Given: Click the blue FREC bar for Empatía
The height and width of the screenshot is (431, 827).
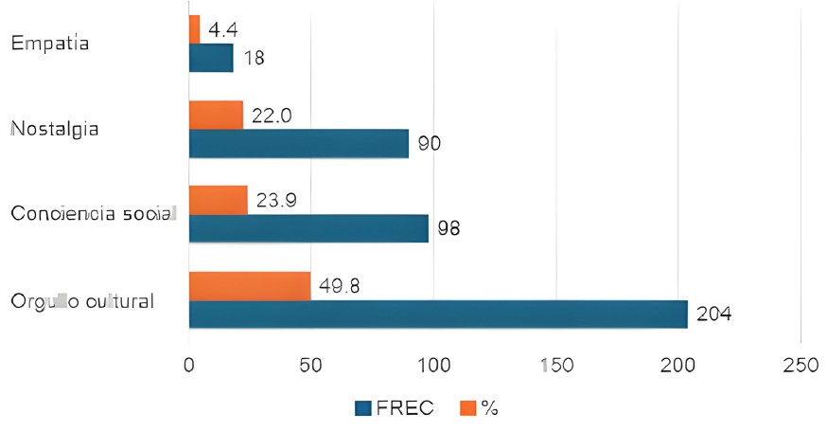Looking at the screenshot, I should click(x=211, y=58).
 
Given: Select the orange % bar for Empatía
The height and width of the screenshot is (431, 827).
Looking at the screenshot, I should click(x=194, y=29).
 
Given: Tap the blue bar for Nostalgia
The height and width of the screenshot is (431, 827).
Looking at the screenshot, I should click(x=298, y=143).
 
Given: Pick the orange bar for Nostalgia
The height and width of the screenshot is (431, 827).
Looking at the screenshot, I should click(x=216, y=115).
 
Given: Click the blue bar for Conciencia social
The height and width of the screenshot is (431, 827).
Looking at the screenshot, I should click(x=308, y=228).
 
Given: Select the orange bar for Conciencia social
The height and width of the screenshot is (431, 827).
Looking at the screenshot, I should click(x=219, y=200).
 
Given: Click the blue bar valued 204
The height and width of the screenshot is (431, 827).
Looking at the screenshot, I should click(x=438, y=314).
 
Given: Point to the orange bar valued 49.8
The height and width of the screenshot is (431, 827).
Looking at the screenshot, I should click(x=250, y=286).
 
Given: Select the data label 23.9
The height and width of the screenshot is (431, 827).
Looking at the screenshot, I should click(x=275, y=201).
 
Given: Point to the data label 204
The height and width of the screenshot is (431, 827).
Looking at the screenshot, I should click(x=714, y=314).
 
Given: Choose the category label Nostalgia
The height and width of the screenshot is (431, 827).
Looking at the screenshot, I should click(x=55, y=128).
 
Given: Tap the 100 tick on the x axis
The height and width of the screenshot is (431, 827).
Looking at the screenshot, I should click(x=434, y=365).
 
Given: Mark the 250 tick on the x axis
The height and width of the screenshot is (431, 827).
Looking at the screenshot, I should click(x=801, y=365).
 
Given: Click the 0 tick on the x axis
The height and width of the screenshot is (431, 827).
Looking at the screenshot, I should click(x=189, y=365).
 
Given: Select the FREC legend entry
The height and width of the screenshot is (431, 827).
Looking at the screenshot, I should click(x=395, y=407).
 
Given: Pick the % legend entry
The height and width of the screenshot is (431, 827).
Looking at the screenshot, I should click(x=480, y=407).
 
